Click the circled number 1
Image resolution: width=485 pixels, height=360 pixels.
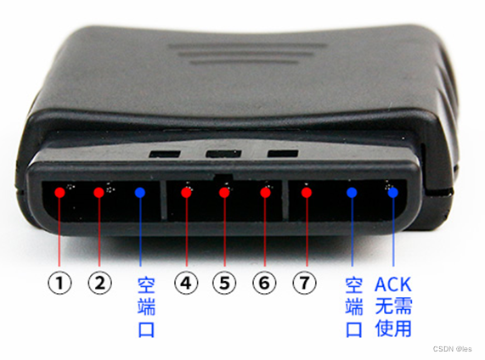(59, 283)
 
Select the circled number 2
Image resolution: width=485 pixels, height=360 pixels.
(100, 283)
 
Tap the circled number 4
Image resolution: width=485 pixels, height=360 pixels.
(186, 283)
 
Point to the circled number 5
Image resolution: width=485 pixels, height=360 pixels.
(224, 283)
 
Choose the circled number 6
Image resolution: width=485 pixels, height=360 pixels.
(264, 283)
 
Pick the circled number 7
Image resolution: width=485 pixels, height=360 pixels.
(305, 283)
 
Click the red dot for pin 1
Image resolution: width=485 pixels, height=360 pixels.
(60, 193)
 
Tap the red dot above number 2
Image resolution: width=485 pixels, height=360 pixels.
(99, 193)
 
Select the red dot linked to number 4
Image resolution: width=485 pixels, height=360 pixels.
(186, 193)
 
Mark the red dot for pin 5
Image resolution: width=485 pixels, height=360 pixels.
(224, 193)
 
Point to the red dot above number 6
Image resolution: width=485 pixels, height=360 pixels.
(265, 193)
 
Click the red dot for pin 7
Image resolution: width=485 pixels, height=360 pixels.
(307, 193)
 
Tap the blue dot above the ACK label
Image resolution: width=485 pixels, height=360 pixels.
(393, 193)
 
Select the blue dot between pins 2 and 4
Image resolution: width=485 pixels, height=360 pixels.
(140, 193)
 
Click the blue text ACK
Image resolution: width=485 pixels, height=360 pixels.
(393, 284)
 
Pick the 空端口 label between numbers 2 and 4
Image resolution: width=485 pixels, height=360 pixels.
(146, 307)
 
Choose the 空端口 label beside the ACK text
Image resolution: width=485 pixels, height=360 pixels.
(354, 307)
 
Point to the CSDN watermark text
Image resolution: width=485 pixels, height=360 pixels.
(452, 349)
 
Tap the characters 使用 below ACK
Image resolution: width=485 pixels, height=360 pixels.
(393, 329)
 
